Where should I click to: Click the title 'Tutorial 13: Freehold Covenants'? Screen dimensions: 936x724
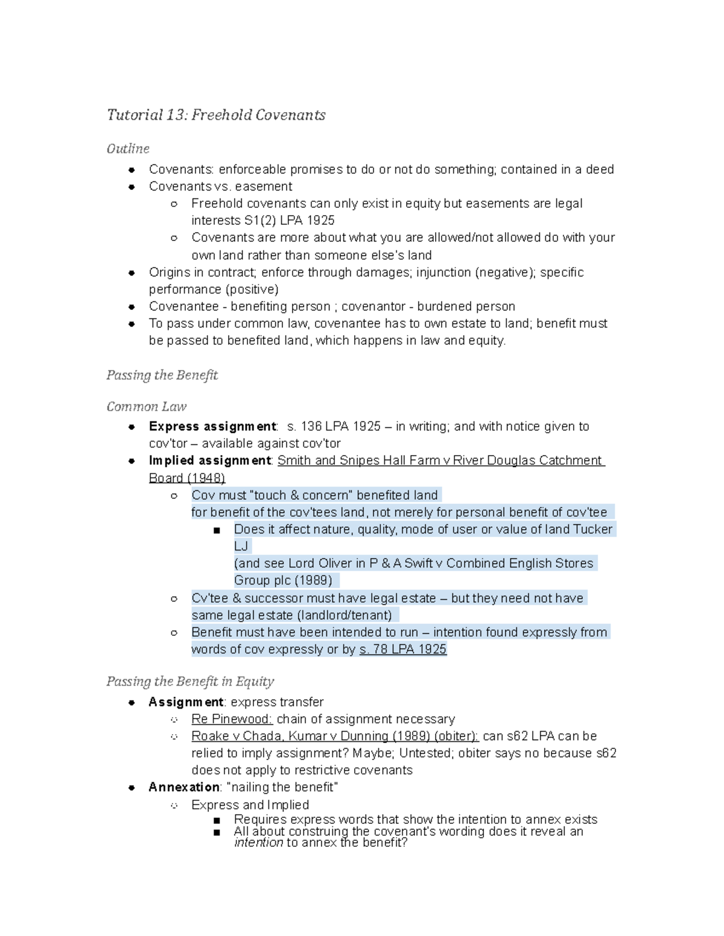pos(216,115)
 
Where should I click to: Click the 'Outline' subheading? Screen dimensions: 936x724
pos(128,149)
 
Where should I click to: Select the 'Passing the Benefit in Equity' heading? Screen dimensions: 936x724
pos(190,682)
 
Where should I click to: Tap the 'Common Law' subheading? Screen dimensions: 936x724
pos(147,407)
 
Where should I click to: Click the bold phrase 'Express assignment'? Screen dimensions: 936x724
pos(212,427)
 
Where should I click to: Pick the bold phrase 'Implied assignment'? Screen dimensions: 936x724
pos(210,460)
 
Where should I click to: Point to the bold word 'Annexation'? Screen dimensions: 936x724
pos(184,787)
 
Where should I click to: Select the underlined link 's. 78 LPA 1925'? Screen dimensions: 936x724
pos(402,649)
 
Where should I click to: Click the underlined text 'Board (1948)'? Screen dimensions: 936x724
pos(187,478)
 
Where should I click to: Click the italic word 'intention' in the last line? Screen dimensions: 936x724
pos(258,843)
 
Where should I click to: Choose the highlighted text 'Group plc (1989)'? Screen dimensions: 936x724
pos(284,580)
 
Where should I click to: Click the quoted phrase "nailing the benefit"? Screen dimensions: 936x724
pos(282,787)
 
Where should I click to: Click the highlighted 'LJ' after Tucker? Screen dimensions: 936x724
pos(241,546)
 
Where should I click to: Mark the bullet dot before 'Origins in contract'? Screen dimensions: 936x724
pos(132,272)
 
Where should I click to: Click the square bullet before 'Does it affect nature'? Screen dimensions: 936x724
pos(217,530)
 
